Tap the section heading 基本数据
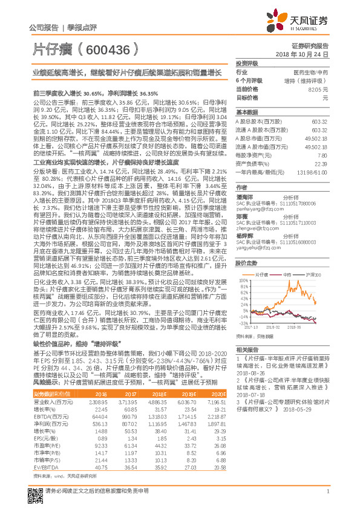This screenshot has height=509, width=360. [x=246, y=112]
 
